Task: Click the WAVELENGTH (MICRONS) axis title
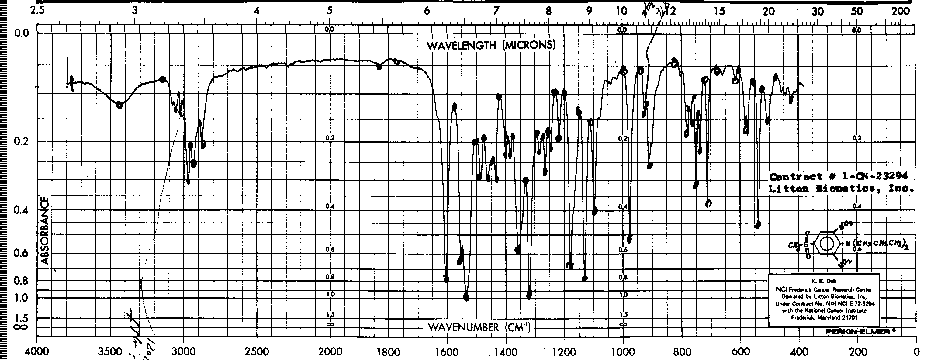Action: [491, 45]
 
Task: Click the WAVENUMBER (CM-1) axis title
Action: [479, 327]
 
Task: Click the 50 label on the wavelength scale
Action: [857, 11]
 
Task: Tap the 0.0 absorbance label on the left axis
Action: [21, 34]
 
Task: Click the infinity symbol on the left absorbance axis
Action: [21, 327]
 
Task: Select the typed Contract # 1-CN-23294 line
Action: [838, 177]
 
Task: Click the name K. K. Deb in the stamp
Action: [823, 281]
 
